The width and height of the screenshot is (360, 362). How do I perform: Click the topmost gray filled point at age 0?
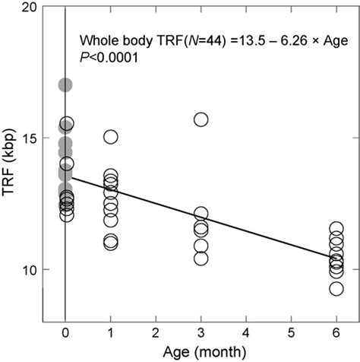(65, 85)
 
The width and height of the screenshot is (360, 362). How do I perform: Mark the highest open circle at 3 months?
(201, 119)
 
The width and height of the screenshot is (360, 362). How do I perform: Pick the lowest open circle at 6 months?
(336, 288)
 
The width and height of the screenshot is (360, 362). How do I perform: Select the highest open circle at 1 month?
(111, 137)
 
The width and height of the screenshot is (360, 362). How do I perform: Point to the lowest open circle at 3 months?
(201, 259)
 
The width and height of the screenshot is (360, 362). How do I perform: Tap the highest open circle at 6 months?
(336, 228)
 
